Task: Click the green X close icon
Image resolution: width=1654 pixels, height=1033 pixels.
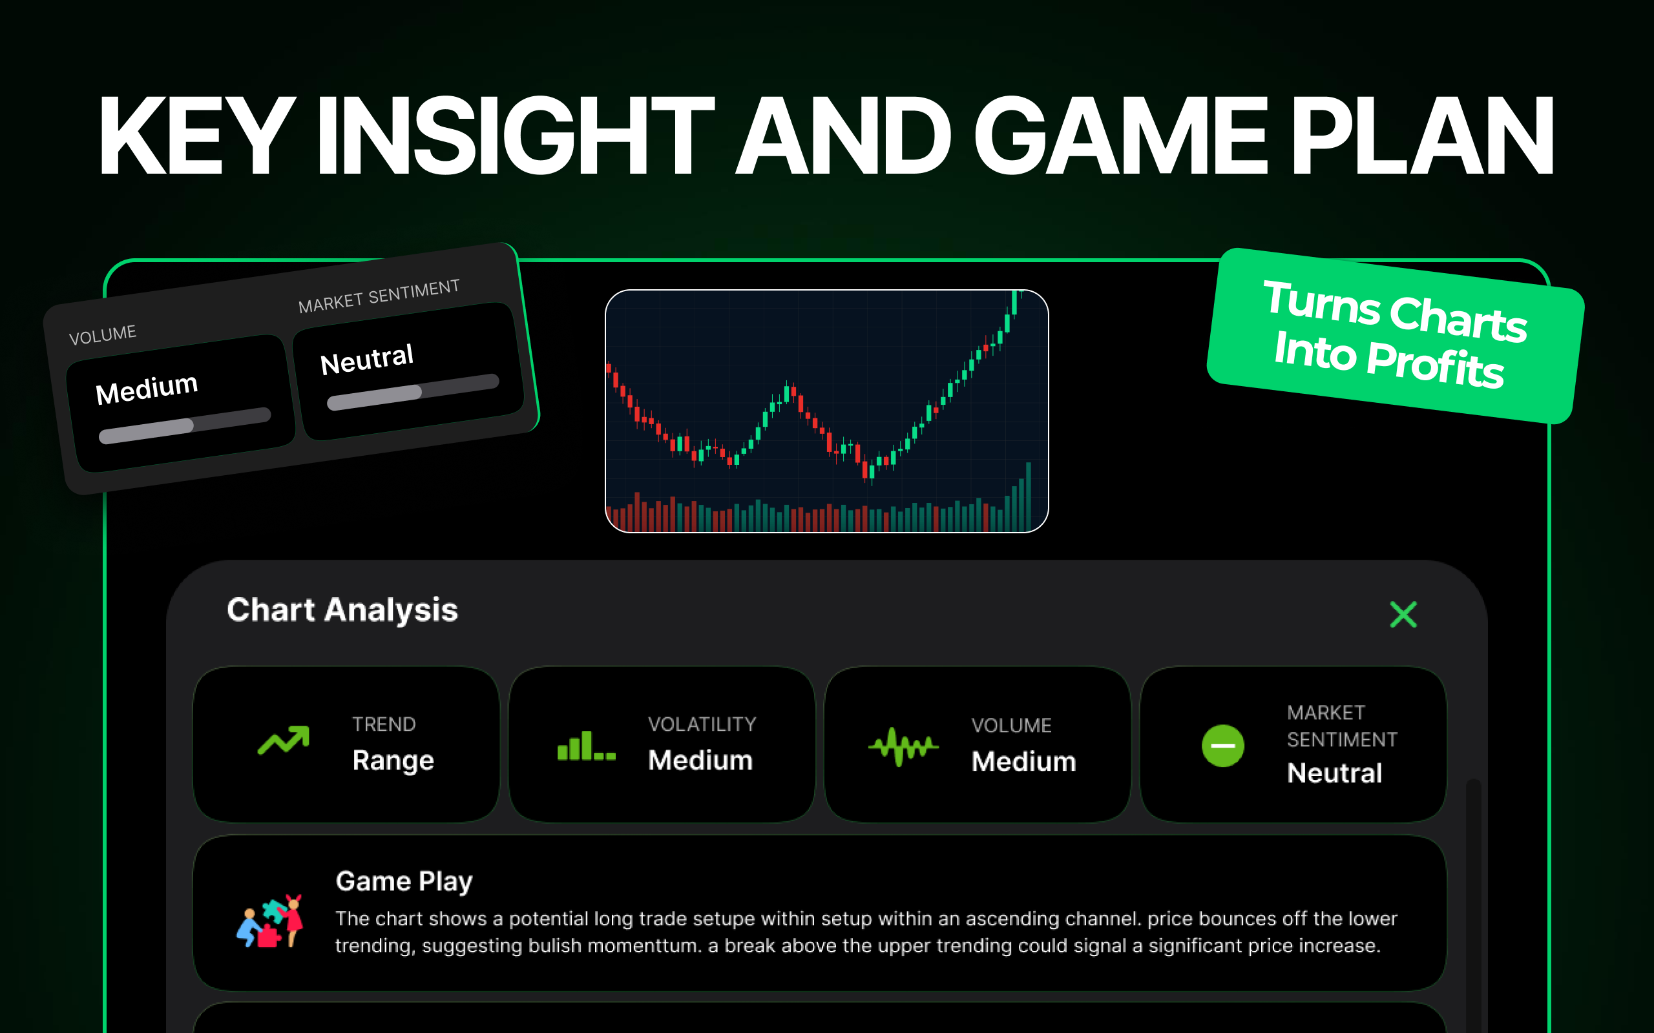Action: point(1403,614)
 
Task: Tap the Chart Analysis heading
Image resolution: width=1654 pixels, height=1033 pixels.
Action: point(342,610)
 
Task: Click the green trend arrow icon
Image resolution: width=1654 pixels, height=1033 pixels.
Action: point(284,741)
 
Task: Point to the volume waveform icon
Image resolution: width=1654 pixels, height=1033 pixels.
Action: point(903,747)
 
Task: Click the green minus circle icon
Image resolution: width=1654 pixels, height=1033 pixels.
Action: point(1222,745)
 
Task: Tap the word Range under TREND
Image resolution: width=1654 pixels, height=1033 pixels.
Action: point(393,761)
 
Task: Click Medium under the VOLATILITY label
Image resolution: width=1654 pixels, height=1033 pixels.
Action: point(700,761)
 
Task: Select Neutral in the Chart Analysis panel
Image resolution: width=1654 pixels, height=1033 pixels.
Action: point(1334,773)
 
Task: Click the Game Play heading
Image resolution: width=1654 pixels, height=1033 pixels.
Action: point(404,882)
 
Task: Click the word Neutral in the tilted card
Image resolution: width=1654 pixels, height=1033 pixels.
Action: point(367,360)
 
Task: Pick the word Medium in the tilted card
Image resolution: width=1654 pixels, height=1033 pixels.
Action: point(147,389)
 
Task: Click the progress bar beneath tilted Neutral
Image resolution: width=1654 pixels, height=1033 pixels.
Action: point(413,392)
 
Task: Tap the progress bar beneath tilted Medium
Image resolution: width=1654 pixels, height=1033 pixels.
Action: point(185,425)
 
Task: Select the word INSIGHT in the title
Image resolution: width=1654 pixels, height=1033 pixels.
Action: point(516,136)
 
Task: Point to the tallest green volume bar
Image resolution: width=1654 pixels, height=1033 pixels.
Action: point(1028,496)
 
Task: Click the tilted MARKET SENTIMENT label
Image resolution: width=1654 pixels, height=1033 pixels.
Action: point(379,296)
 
